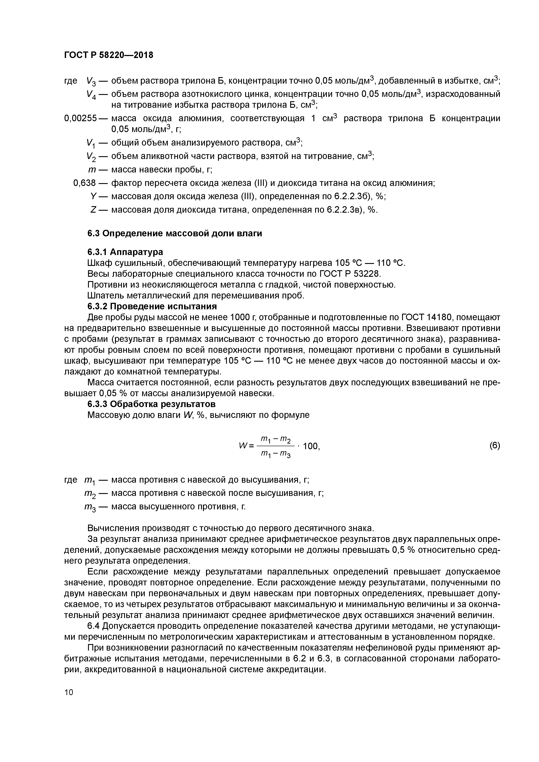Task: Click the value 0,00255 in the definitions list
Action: click(80, 118)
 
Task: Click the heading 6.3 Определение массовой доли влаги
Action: click(175, 233)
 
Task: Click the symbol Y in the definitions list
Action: click(93, 197)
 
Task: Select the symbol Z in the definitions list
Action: click(93, 210)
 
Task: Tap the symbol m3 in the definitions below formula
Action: click(90, 507)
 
